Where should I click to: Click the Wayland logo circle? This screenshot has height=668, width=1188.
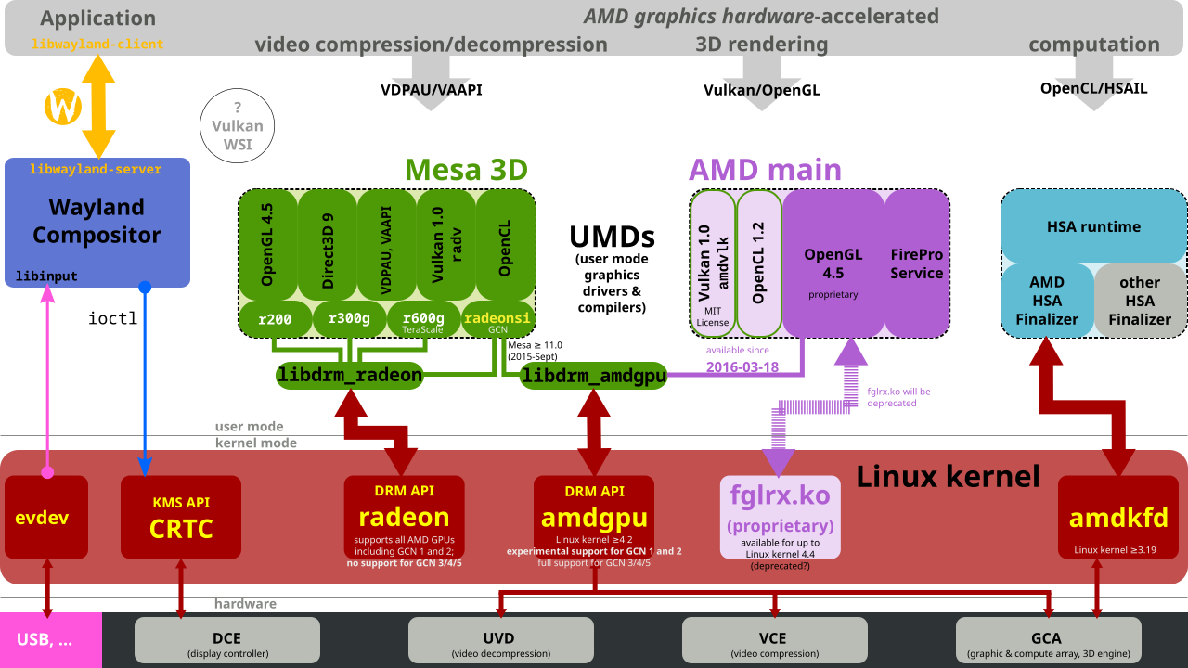[63, 107]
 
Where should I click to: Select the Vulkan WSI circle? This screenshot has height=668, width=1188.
[237, 125]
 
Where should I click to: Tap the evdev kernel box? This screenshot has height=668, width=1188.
[46, 517]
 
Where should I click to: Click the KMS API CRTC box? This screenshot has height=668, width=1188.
[181, 517]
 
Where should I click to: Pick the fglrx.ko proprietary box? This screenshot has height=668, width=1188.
[781, 517]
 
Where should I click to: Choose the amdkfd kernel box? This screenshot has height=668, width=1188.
[1118, 517]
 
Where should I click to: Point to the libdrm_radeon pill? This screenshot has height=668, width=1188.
[350, 376]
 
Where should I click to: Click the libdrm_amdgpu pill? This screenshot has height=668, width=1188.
[593, 376]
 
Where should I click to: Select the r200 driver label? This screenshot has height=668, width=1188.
[275, 319]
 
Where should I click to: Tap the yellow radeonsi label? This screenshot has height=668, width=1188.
[497, 317]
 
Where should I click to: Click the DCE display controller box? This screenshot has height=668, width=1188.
[227, 640]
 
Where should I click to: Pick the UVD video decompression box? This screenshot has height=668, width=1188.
[500, 640]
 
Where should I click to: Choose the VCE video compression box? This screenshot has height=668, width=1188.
[775, 640]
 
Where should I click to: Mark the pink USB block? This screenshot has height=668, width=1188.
[51, 640]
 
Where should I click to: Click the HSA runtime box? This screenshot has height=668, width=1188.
[1093, 226]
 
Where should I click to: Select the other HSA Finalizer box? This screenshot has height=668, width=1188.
[1141, 301]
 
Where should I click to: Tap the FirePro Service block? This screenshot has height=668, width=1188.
[916, 263]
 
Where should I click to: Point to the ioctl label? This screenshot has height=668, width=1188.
[112, 318]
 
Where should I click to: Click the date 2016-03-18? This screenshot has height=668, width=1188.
[742, 366]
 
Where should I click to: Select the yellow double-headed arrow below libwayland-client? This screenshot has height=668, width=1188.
[98, 107]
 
